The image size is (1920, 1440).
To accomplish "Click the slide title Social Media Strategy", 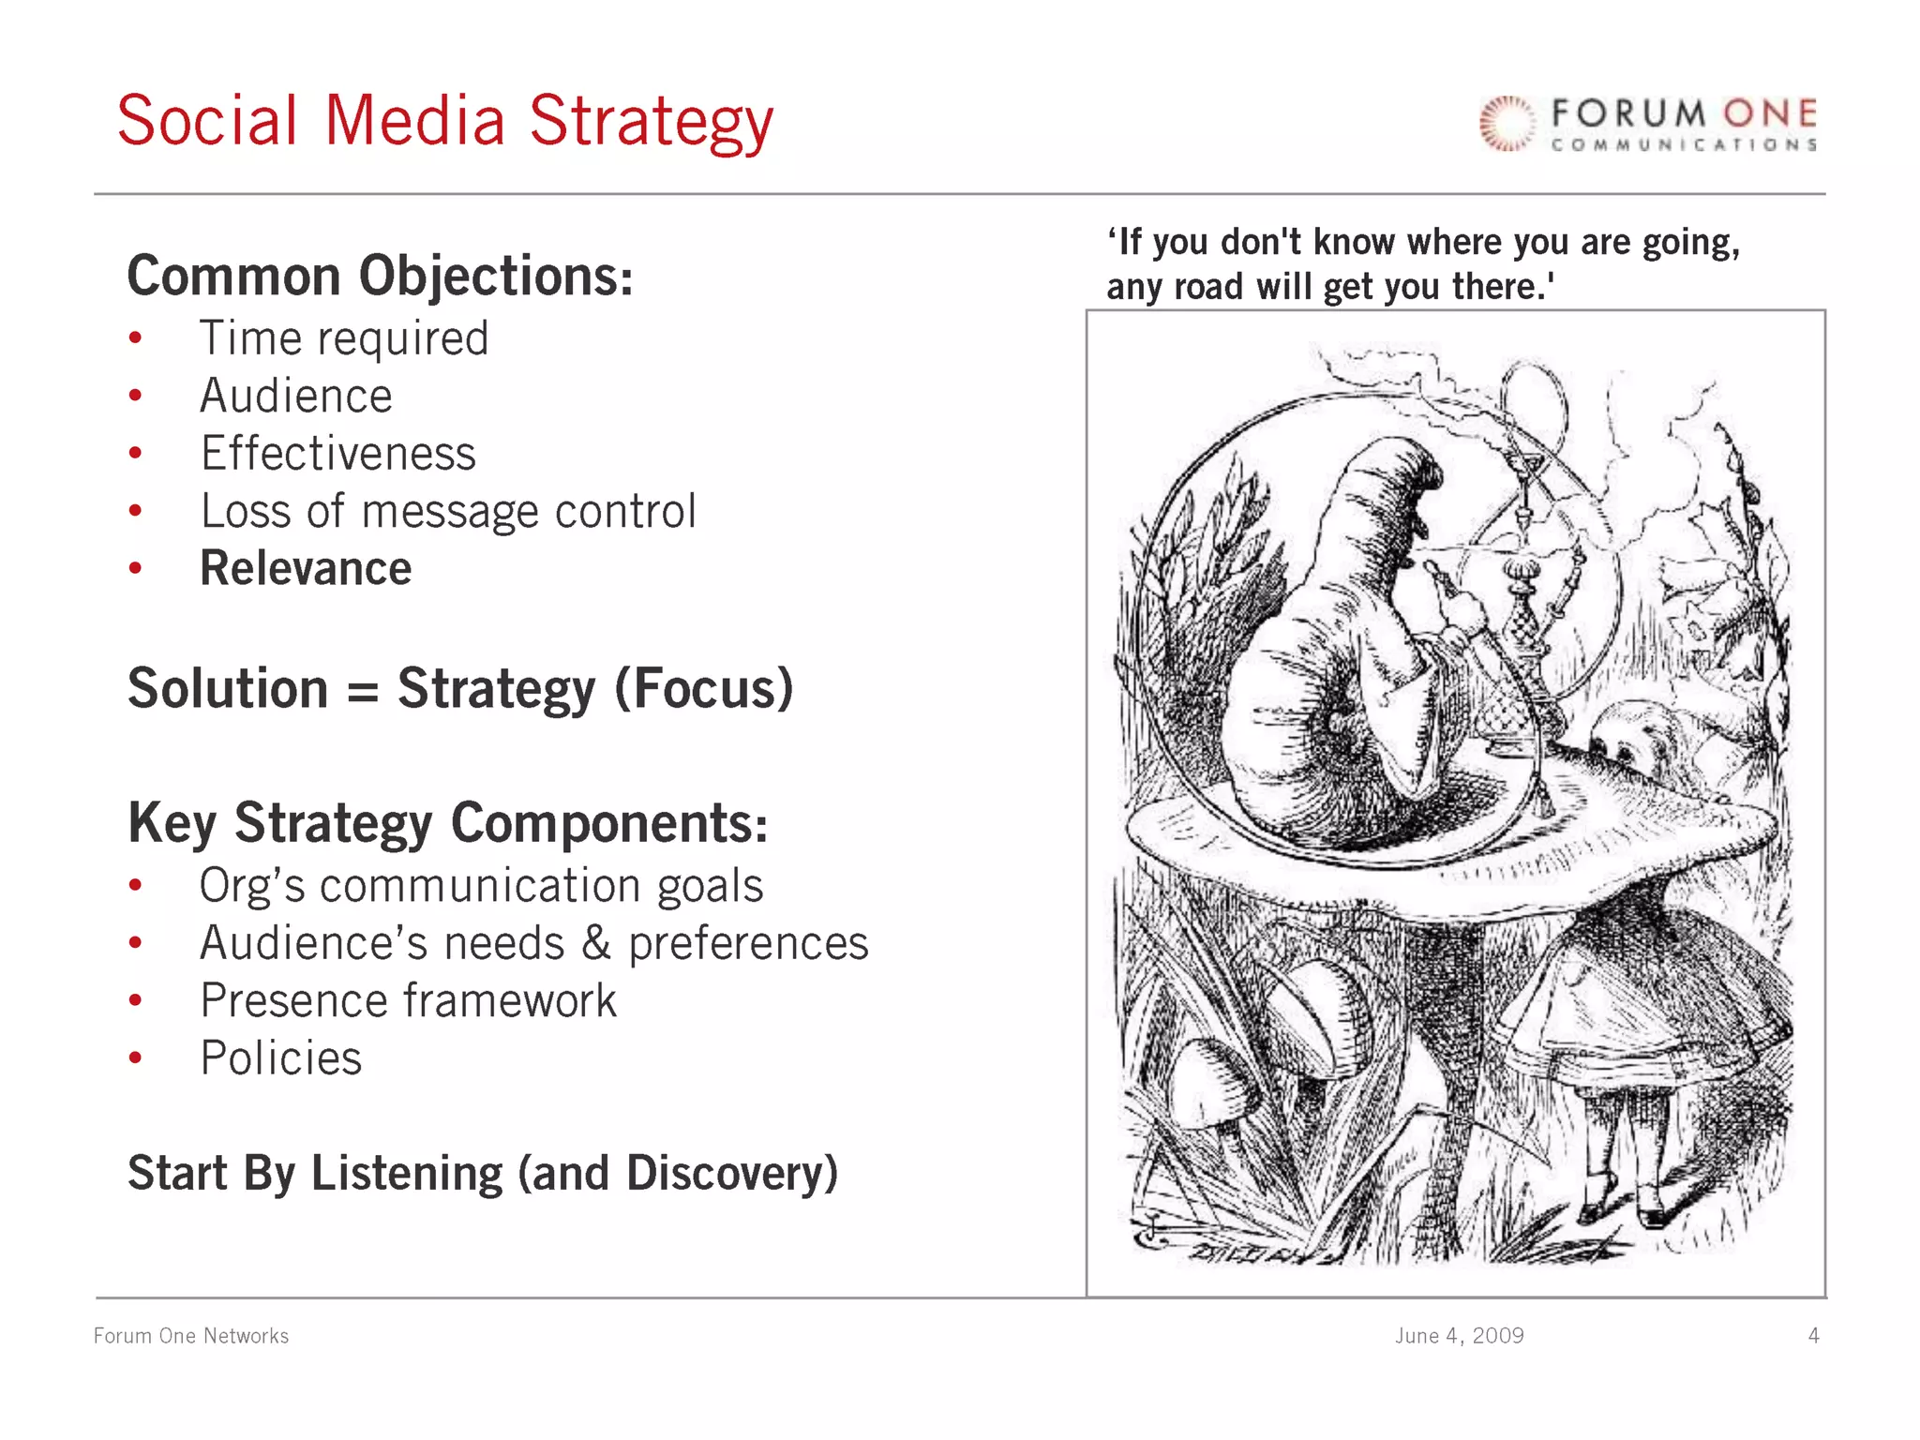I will click(x=445, y=122).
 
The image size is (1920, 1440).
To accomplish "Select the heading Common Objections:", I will click(x=380, y=276).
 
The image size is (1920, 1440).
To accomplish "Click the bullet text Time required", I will click(x=344, y=338).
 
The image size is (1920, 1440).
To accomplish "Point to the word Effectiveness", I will click(x=338, y=454).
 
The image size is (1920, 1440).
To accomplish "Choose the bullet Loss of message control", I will click(x=448, y=512).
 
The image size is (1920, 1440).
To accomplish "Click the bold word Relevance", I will click(x=306, y=569).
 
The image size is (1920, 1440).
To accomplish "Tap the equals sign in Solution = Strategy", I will click(x=362, y=692).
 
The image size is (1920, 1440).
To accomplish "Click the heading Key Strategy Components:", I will click(x=447, y=823).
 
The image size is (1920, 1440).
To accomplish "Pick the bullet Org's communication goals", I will click(x=481, y=886).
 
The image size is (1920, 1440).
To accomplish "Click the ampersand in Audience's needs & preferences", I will click(x=596, y=943).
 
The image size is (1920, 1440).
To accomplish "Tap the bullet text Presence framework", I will click(x=409, y=1000).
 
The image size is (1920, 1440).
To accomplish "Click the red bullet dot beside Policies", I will click(x=136, y=1058).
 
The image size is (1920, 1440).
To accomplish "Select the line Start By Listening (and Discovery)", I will click(x=482, y=1174).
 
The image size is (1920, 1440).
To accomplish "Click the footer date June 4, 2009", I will click(x=1459, y=1336).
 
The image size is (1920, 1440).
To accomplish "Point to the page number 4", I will click(x=1813, y=1336).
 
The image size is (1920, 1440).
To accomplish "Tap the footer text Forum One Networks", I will click(x=191, y=1336).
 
